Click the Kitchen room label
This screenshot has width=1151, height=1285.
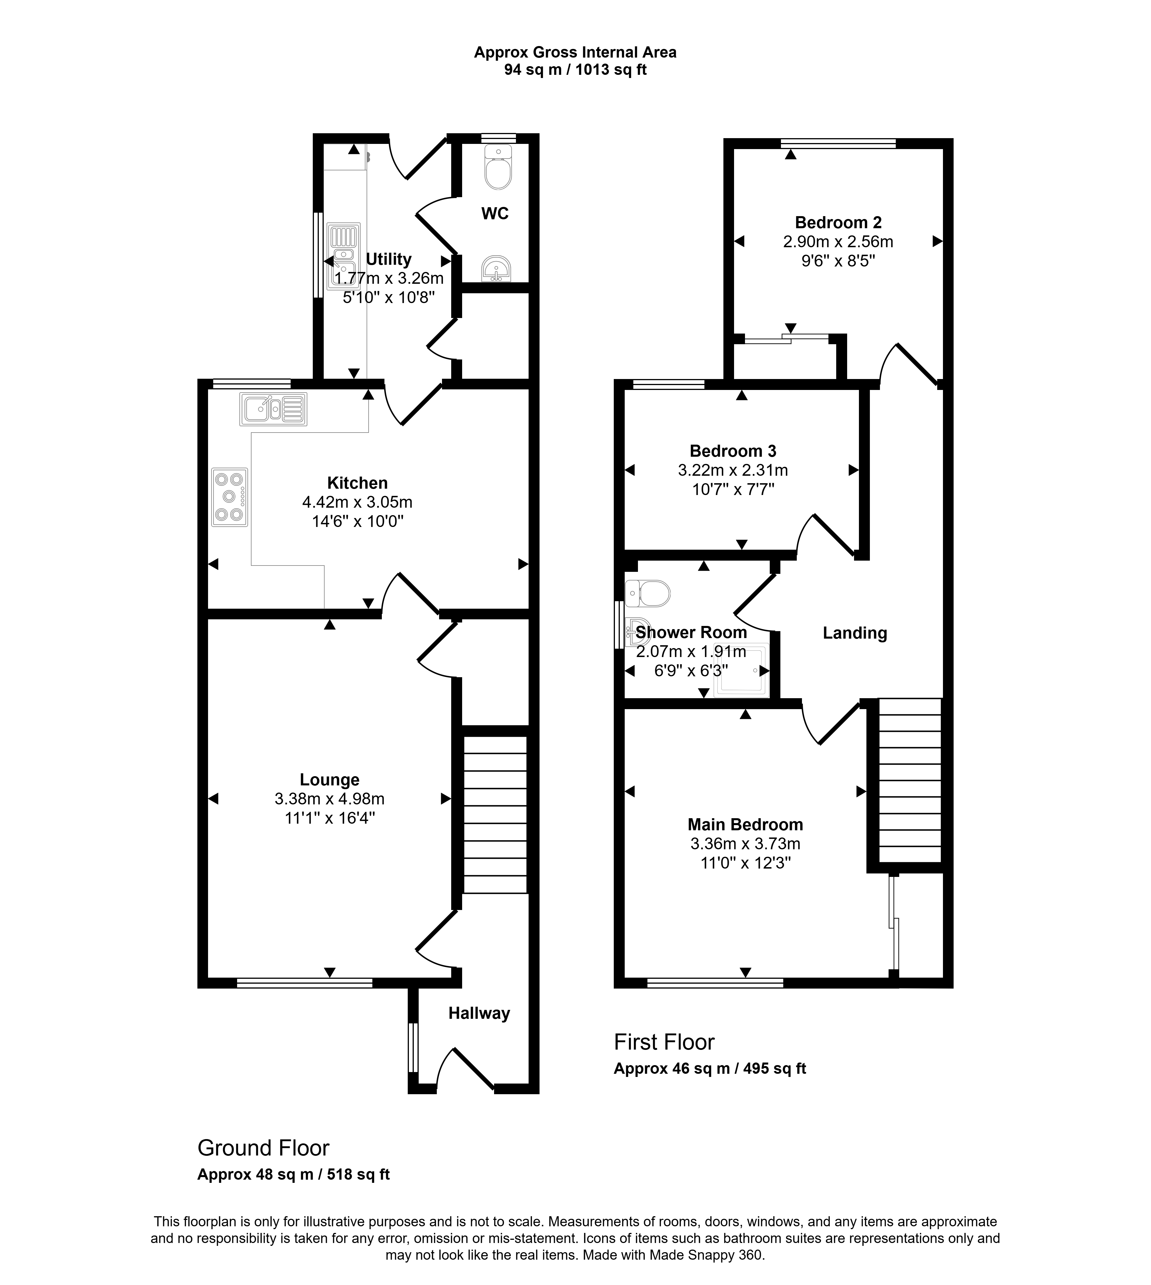357,483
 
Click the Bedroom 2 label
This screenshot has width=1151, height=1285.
838,222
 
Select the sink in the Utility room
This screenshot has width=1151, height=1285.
344,256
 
